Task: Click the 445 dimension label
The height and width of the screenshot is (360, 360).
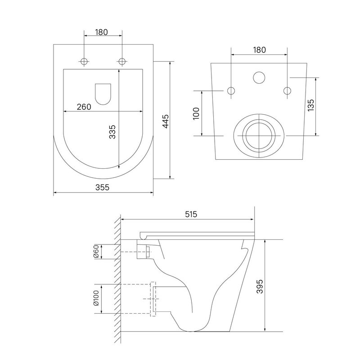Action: coord(166,121)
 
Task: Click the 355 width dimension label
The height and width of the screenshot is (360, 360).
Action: coord(103,187)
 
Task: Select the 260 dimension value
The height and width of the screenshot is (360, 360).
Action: coord(84,107)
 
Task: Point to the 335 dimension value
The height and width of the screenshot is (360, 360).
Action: coord(112,132)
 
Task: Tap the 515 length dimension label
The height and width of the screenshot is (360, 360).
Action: coord(191,214)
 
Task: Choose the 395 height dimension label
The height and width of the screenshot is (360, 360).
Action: coord(260,286)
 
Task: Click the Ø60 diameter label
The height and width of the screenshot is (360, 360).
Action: coord(96,252)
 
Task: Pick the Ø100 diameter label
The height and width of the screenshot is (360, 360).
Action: coord(96,298)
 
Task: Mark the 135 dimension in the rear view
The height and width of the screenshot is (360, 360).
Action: coord(310,105)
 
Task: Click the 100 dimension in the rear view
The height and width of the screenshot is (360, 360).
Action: coord(196,113)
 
